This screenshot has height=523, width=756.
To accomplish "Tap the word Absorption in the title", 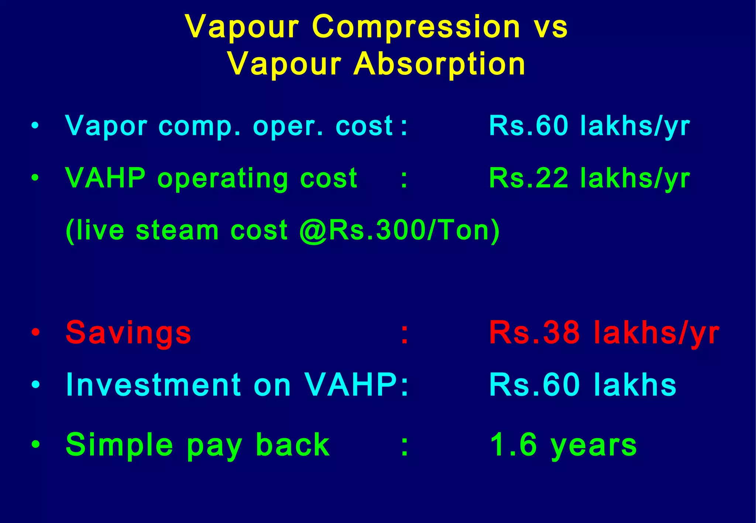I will tap(439, 64).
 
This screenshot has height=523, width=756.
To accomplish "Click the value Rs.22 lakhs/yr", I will tap(589, 179).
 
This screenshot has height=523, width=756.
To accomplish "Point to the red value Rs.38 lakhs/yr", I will tap(604, 333).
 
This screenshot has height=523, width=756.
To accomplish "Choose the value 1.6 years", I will tap(563, 445).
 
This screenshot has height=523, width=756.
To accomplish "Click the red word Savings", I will tap(128, 333).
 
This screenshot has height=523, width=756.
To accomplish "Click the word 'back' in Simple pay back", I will tap(292, 444).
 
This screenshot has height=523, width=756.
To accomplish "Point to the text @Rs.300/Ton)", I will tap(399, 231).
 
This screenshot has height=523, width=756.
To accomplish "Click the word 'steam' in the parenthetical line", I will tap(178, 231).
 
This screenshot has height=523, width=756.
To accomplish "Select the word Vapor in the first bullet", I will tap(106, 127).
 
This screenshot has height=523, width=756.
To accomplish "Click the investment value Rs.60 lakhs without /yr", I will tap(583, 385).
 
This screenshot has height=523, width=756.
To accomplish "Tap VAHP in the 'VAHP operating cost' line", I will tap(106, 178).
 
